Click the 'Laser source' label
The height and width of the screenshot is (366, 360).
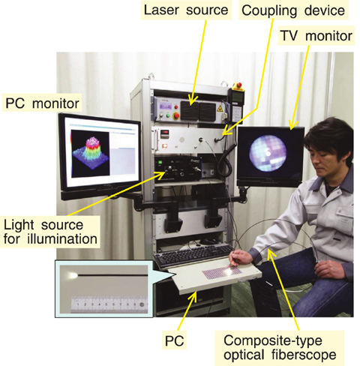click(x=186, y=10)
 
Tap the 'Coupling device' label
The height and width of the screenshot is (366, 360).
click(x=293, y=10)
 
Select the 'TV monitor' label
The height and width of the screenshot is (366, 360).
click(x=316, y=36)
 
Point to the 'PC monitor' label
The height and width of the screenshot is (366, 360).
click(x=42, y=103)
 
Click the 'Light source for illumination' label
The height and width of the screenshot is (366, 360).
click(x=50, y=232)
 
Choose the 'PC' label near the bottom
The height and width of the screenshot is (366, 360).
click(x=174, y=340)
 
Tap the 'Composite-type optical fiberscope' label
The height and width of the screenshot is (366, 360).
click(x=280, y=348)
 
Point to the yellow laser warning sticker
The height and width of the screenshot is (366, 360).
click(x=220, y=108)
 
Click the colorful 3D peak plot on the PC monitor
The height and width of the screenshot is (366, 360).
click(x=91, y=154)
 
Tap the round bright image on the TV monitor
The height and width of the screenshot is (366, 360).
click(x=268, y=153)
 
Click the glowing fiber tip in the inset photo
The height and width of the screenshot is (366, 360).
click(x=73, y=275)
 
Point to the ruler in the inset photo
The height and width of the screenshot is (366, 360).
click(x=109, y=304)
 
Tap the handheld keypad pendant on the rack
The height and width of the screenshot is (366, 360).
click(x=236, y=107)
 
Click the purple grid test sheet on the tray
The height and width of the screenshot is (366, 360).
click(x=221, y=272)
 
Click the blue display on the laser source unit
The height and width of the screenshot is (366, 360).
click(x=164, y=106)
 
